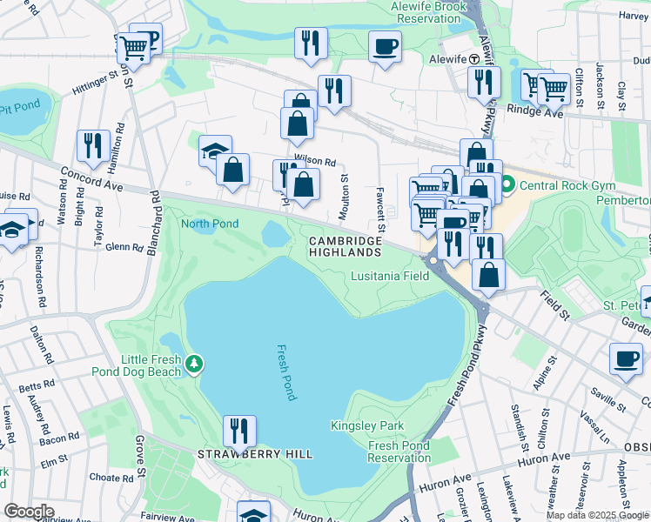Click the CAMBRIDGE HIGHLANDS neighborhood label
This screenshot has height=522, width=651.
click(x=345, y=246)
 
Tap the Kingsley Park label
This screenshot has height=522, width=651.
click(x=355, y=425)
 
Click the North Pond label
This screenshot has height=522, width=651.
click(x=210, y=224)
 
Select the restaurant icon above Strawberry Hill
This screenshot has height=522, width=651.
click(x=238, y=431)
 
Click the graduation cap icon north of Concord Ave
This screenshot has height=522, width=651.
click(x=214, y=151)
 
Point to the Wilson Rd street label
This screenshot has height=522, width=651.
click(x=314, y=161)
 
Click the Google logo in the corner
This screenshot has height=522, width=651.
click(x=29, y=512)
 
